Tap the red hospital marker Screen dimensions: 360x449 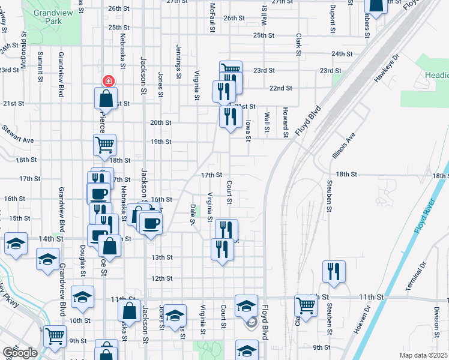click(109, 80)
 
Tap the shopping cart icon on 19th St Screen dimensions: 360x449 click(105, 144)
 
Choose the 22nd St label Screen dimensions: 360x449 click(281, 88)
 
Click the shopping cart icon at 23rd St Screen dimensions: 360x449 click(230, 69)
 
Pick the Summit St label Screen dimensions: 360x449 click(40, 66)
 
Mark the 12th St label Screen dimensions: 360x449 click(161, 278)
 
